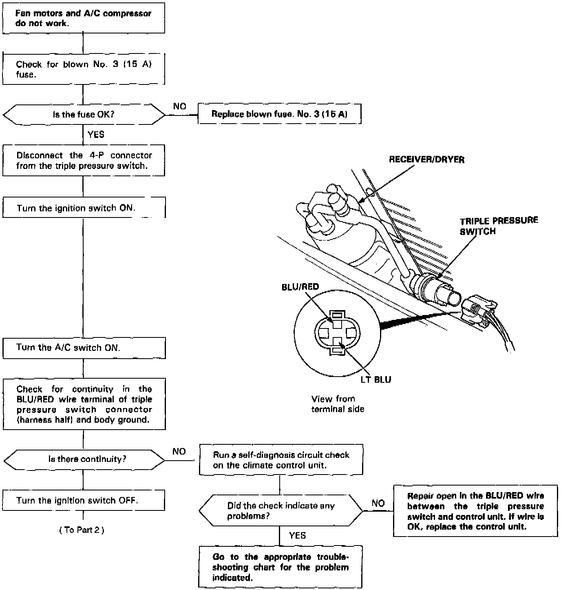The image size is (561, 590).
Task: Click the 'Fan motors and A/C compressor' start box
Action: [x=84, y=18]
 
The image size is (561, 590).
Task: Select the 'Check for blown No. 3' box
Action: [x=84, y=69]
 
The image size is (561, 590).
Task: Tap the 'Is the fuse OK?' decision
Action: [x=84, y=115]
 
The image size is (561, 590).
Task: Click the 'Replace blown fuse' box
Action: [x=279, y=114]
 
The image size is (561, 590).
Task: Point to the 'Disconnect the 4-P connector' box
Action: [x=84, y=161]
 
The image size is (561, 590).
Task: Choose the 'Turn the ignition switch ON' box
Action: [x=84, y=208]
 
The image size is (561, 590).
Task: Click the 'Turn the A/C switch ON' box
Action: [x=84, y=348]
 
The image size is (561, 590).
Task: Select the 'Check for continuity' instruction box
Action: [x=84, y=404]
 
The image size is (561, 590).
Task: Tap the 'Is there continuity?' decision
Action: [x=84, y=459]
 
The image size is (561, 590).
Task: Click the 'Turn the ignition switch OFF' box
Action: [x=84, y=501]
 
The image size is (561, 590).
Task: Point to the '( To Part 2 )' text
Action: [x=82, y=530]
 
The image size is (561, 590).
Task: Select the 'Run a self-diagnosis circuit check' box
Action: [x=281, y=460]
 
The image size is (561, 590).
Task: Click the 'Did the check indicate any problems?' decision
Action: [x=280, y=511]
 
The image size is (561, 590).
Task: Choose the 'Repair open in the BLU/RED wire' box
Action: [x=475, y=511]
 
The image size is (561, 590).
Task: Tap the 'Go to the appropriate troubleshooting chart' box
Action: [x=280, y=567]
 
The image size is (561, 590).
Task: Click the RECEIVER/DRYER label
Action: [x=426, y=160]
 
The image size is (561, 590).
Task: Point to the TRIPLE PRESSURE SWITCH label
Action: [x=499, y=226]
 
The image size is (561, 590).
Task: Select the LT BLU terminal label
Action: [x=375, y=380]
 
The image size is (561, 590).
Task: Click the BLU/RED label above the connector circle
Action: [x=300, y=287]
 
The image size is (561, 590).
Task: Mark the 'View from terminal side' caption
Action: [x=338, y=404]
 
